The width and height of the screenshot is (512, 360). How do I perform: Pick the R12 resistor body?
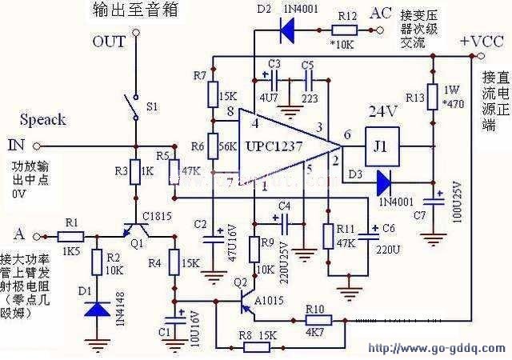click(x=346, y=34)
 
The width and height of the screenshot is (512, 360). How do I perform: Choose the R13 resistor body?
click(x=433, y=99)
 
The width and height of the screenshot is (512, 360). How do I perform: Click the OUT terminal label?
click(x=110, y=42)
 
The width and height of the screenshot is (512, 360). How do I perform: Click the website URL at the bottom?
click(x=436, y=350)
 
